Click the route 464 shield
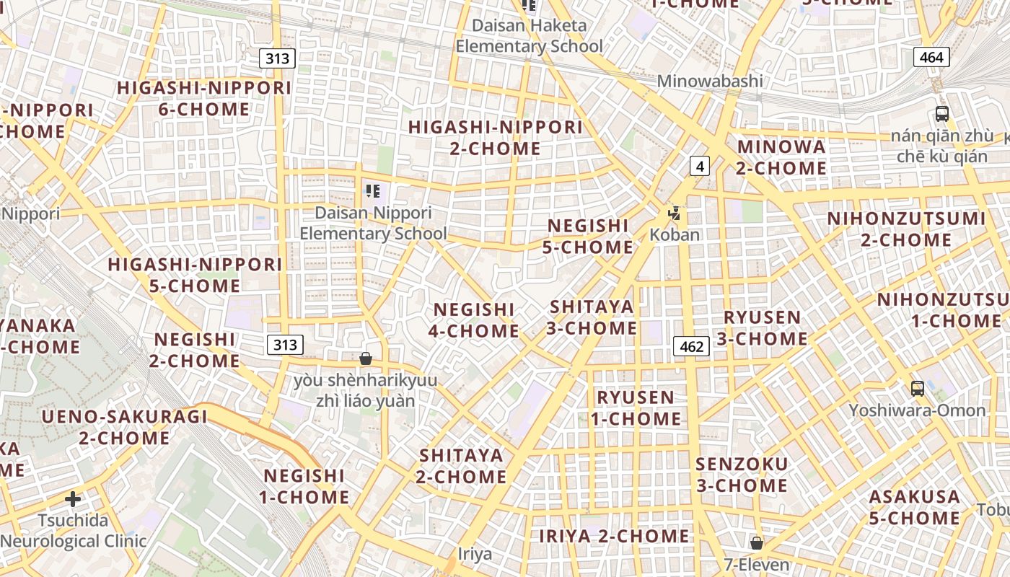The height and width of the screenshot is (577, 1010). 931,57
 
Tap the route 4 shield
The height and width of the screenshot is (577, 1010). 699,166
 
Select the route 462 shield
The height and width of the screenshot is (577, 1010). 691,346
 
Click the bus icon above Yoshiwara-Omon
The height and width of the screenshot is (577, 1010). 917,389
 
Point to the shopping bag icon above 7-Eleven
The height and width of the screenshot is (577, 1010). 756,542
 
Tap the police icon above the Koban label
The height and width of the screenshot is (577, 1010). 675,213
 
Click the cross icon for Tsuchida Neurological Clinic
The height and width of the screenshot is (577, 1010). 72,498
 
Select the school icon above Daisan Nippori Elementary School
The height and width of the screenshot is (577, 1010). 373,191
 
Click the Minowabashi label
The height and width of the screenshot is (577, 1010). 709,81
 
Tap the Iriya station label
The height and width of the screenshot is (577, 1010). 475,554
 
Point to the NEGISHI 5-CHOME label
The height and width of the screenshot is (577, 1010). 588,237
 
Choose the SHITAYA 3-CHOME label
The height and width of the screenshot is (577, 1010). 592,317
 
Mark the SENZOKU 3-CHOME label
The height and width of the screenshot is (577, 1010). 742,474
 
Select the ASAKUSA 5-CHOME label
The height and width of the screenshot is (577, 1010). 914,507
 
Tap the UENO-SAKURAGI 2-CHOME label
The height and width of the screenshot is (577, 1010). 124,427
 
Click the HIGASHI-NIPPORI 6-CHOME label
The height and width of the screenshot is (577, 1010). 204,99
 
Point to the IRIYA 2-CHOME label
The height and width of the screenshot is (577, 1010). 614,536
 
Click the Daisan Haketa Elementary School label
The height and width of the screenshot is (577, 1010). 529,36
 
